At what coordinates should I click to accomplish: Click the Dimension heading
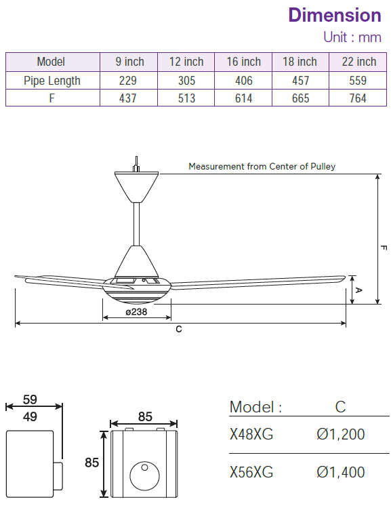[x=334, y=15]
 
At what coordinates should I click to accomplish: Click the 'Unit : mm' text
[x=352, y=37]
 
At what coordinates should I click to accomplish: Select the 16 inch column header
[x=243, y=62]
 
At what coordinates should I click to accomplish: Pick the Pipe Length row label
[x=52, y=80]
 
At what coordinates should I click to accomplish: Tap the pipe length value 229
[x=129, y=80]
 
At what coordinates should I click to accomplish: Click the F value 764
[x=358, y=98]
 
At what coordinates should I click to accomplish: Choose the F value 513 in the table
[x=186, y=98]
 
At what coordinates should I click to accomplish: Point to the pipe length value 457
[x=300, y=80]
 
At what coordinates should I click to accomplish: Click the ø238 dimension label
[x=137, y=312]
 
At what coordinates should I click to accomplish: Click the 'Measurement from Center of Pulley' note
[x=262, y=166]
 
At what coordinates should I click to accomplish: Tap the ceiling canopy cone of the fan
[x=138, y=186]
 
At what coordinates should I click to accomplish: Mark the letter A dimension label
[x=359, y=290]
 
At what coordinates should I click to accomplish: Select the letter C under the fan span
[x=178, y=329]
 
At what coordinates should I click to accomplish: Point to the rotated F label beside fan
[x=384, y=248]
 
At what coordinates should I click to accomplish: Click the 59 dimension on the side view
[x=30, y=399]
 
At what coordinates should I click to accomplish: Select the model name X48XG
[x=251, y=434]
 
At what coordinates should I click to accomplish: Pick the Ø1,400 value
[x=340, y=472]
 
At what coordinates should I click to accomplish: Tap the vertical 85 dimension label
[x=91, y=463]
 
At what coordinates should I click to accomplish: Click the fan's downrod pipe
[x=138, y=223]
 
